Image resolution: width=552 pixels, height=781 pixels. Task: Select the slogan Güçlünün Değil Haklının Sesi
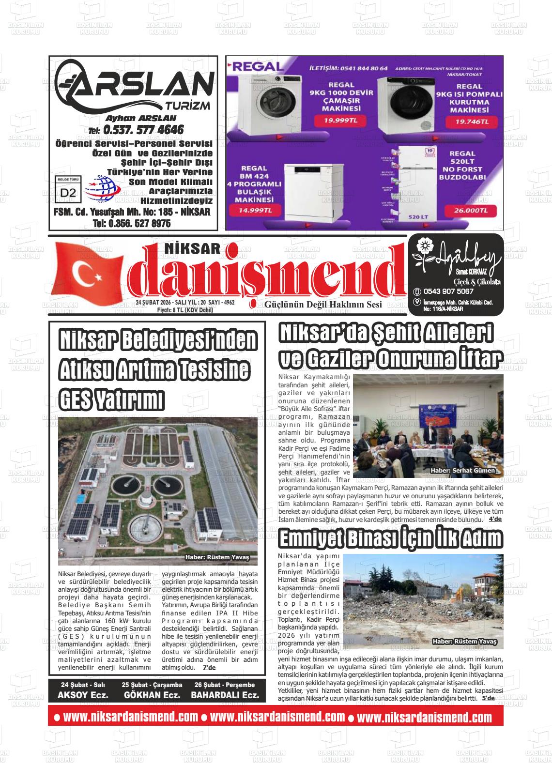click(x=323, y=305)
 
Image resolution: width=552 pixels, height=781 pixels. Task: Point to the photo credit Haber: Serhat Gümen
click(x=462, y=471)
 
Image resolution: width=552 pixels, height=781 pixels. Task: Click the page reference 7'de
click(x=209, y=667)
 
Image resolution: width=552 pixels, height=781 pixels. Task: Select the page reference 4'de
click(x=495, y=519)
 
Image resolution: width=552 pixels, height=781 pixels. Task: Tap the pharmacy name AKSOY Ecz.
click(x=83, y=695)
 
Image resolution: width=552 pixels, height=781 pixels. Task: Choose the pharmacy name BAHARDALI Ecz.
click(x=225, y=695)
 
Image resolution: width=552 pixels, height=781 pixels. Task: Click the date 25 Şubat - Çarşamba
click(x=152, y=685)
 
